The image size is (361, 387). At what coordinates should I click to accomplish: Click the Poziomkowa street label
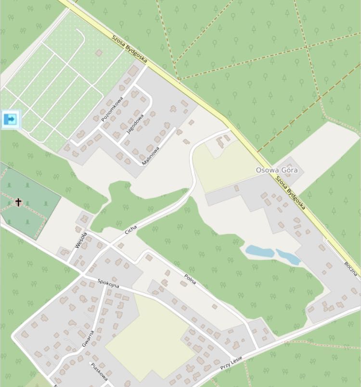tap(111, 110)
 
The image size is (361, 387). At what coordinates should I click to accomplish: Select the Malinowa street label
tap(151, 155)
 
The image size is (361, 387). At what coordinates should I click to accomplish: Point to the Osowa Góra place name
tap(277, 170)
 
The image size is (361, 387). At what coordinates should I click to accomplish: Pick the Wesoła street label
tap(80, 240)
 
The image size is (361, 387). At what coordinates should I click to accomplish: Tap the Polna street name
tap(190, 278)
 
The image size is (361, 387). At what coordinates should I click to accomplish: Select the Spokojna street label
tap(108, 283)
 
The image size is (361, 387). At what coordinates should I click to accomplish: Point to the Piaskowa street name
tap(99, 371)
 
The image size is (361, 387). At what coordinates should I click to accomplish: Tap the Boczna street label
tap(350, 269)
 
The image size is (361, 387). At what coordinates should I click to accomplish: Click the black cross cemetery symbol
tap(18, 202)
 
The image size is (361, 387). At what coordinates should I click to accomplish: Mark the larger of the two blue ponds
tap(260, 251)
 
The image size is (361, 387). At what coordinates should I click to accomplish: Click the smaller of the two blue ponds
tap(288, 257)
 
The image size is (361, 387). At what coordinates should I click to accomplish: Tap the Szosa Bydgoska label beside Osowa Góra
tap(290, 191)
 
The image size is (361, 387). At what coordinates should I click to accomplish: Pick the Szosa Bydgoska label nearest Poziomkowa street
tap(129, 50)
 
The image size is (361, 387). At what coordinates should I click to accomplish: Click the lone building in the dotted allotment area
tap(99, 52)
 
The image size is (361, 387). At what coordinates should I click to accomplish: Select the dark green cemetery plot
tap(29, 202)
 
